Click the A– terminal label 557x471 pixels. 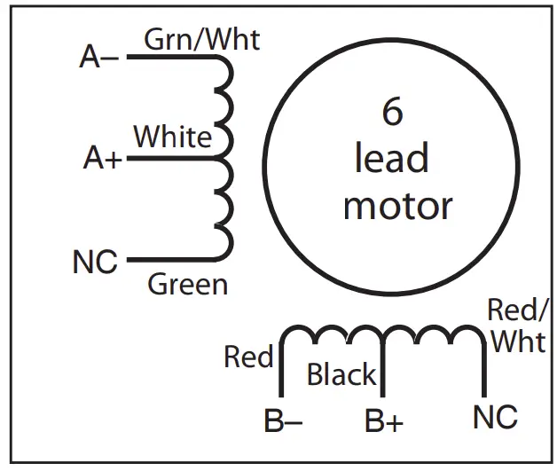98,59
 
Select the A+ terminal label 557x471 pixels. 103,159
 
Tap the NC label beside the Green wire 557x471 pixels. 95,263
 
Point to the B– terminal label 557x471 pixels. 283,421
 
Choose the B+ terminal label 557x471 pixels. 384,421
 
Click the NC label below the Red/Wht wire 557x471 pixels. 495,417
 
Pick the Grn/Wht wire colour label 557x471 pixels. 201,39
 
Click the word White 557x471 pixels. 173,137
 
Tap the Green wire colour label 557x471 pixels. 187,285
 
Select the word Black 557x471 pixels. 341,375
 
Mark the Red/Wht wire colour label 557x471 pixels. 519,326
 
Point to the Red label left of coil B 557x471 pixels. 247,357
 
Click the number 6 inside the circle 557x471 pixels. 392,114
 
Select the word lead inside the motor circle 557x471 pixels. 392,160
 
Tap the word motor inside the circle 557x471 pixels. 397,207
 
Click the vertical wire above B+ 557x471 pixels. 381,368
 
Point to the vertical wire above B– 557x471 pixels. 281,368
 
